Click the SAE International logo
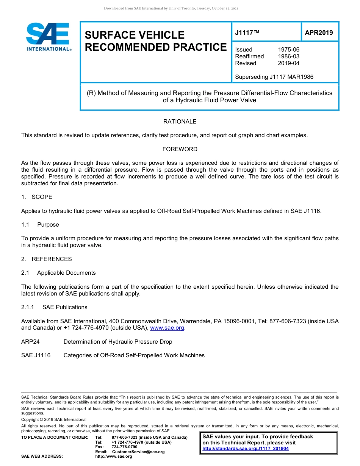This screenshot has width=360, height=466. coord(48,37)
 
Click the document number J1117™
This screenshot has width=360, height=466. coord(247,33)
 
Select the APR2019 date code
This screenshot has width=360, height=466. coord(319,33)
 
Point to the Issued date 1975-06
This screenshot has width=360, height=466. coord(288,50)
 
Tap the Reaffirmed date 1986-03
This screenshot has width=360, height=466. coord(288,56)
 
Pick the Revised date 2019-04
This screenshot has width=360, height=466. coord(288,63)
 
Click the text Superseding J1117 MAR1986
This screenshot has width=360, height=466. coord(274,77)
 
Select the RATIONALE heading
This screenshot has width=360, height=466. coord(180,122)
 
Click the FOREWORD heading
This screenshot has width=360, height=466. coord(180,149)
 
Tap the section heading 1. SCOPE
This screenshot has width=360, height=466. coord(37,197)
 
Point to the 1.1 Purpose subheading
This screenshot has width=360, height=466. coord(41,225)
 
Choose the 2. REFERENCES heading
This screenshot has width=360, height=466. coord(46,259)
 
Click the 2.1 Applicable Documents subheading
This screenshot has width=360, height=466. coord(58,273)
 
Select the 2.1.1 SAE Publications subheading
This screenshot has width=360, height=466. coord(54,307)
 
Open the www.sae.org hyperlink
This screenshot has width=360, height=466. coord(167,328)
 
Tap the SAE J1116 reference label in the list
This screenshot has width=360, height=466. coord(36,355)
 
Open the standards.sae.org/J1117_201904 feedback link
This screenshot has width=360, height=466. coord(245,449)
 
